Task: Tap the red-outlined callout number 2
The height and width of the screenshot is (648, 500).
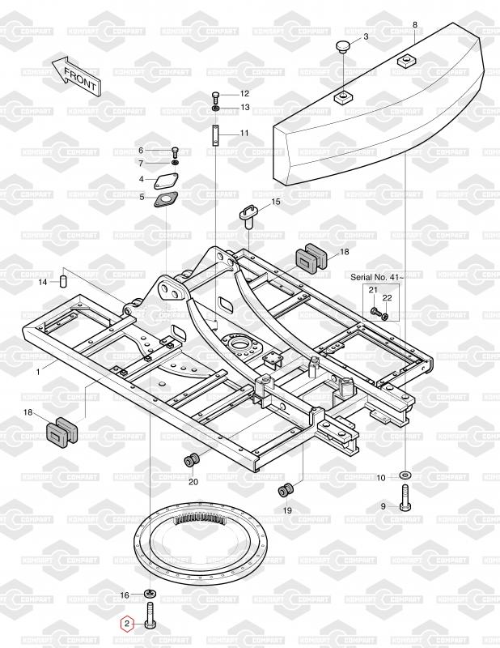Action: coord(127,623)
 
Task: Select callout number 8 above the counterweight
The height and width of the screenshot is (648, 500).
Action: coord(414,25)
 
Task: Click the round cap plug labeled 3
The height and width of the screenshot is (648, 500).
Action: coord(343,46)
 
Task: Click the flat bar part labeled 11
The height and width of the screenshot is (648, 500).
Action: coord(215,135)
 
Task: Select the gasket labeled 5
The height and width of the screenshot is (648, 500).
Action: coord(165,201)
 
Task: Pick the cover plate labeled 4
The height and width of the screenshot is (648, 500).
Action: coord(167,181)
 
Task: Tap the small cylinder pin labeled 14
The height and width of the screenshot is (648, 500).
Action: coord(65,281)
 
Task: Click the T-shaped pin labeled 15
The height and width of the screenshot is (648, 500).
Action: coord(249,215)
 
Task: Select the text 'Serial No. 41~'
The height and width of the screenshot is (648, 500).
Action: coord(377,277)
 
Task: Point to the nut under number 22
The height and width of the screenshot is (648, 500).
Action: coord(385,317)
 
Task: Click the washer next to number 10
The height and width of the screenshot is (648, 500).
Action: coord(405,475)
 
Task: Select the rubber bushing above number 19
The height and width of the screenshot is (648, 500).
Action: coord(286,489)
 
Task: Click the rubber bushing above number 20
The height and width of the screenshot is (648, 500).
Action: coord(192,460)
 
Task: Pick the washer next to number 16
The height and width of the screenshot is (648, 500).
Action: coord(150,595)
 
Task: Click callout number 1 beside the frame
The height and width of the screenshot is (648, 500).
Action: coord(38,372)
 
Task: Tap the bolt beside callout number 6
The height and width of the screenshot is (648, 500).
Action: coord(175,151)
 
